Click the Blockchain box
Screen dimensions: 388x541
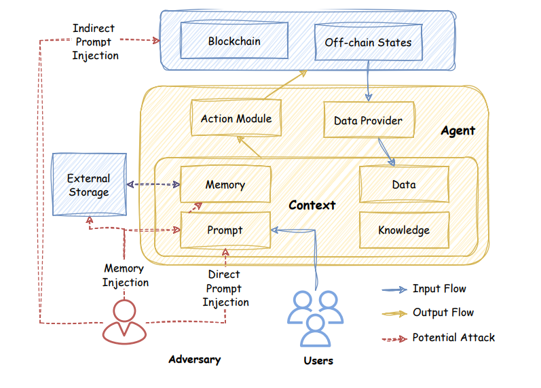click(234, 41)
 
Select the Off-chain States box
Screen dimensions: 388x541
click(368, 42)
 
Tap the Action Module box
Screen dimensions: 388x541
click(236, 119)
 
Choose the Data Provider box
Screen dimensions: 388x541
click(368, 121)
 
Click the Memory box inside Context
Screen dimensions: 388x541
click(225, 185)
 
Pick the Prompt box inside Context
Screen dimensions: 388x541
click(225, 230)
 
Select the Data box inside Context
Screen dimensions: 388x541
click(404, 185)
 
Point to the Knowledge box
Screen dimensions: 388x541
click(404, 230)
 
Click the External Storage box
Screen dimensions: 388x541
click(89, 185)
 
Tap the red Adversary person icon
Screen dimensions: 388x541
click(123, 321)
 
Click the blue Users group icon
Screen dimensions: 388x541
click(317, 318)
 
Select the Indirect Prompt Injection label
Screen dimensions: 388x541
click(94, 42)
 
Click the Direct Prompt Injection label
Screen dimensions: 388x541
click(225, 288)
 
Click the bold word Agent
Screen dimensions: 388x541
click(458, 130)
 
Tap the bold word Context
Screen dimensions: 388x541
click(312, 205)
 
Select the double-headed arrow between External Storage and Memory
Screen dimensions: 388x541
click(153, 184)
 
